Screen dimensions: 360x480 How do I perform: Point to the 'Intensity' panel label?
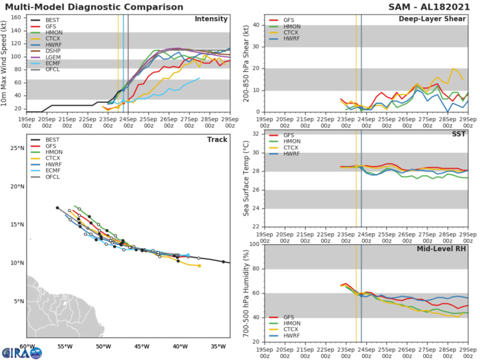coord(212,19)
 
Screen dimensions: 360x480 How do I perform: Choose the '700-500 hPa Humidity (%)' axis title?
coord(245,293)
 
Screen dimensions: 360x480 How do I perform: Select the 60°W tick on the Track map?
coord(27,347)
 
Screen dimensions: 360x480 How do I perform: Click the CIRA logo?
coord(21,352)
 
